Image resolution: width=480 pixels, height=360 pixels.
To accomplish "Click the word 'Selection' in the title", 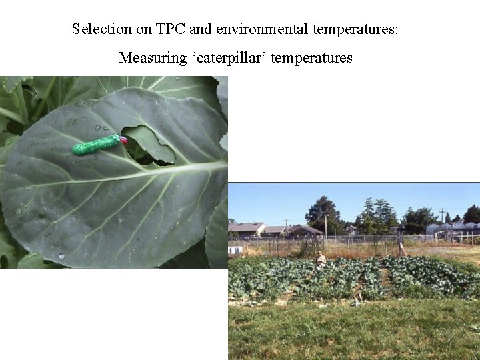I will (102, 29).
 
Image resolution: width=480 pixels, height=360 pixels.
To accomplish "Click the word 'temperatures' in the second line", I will (311, 58).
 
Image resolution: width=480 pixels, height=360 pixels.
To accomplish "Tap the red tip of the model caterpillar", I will (123, 140).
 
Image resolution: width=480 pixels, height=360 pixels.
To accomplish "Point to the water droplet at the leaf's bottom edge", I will (61, 255).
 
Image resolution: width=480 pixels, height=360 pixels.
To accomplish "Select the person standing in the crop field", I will (321, 259).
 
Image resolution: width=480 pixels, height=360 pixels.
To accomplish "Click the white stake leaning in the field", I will (401, 247).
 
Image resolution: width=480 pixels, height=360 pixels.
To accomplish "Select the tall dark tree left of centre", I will (323, 213).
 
